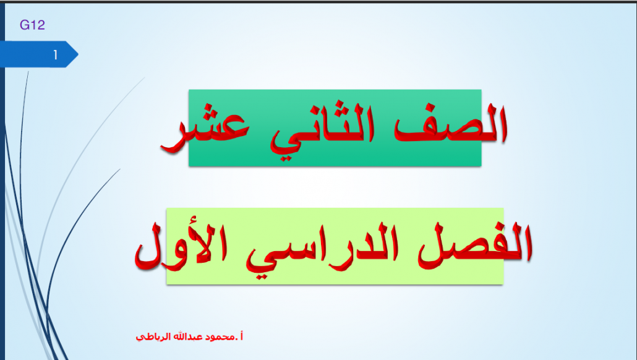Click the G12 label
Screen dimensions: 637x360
click(x=32, y=25)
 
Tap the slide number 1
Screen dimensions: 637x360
click(x=55, y=54)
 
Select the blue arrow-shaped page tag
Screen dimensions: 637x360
click(x=39, y=54)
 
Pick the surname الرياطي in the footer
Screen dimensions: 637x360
click(x=153, y=337)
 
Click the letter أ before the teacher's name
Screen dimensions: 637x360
click(x=241, y=336)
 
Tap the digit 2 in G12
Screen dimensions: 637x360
click(x=40, y=25)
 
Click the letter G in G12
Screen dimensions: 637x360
click(x=24, y=25)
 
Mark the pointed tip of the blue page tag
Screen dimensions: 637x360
click(x=78, y=54)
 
